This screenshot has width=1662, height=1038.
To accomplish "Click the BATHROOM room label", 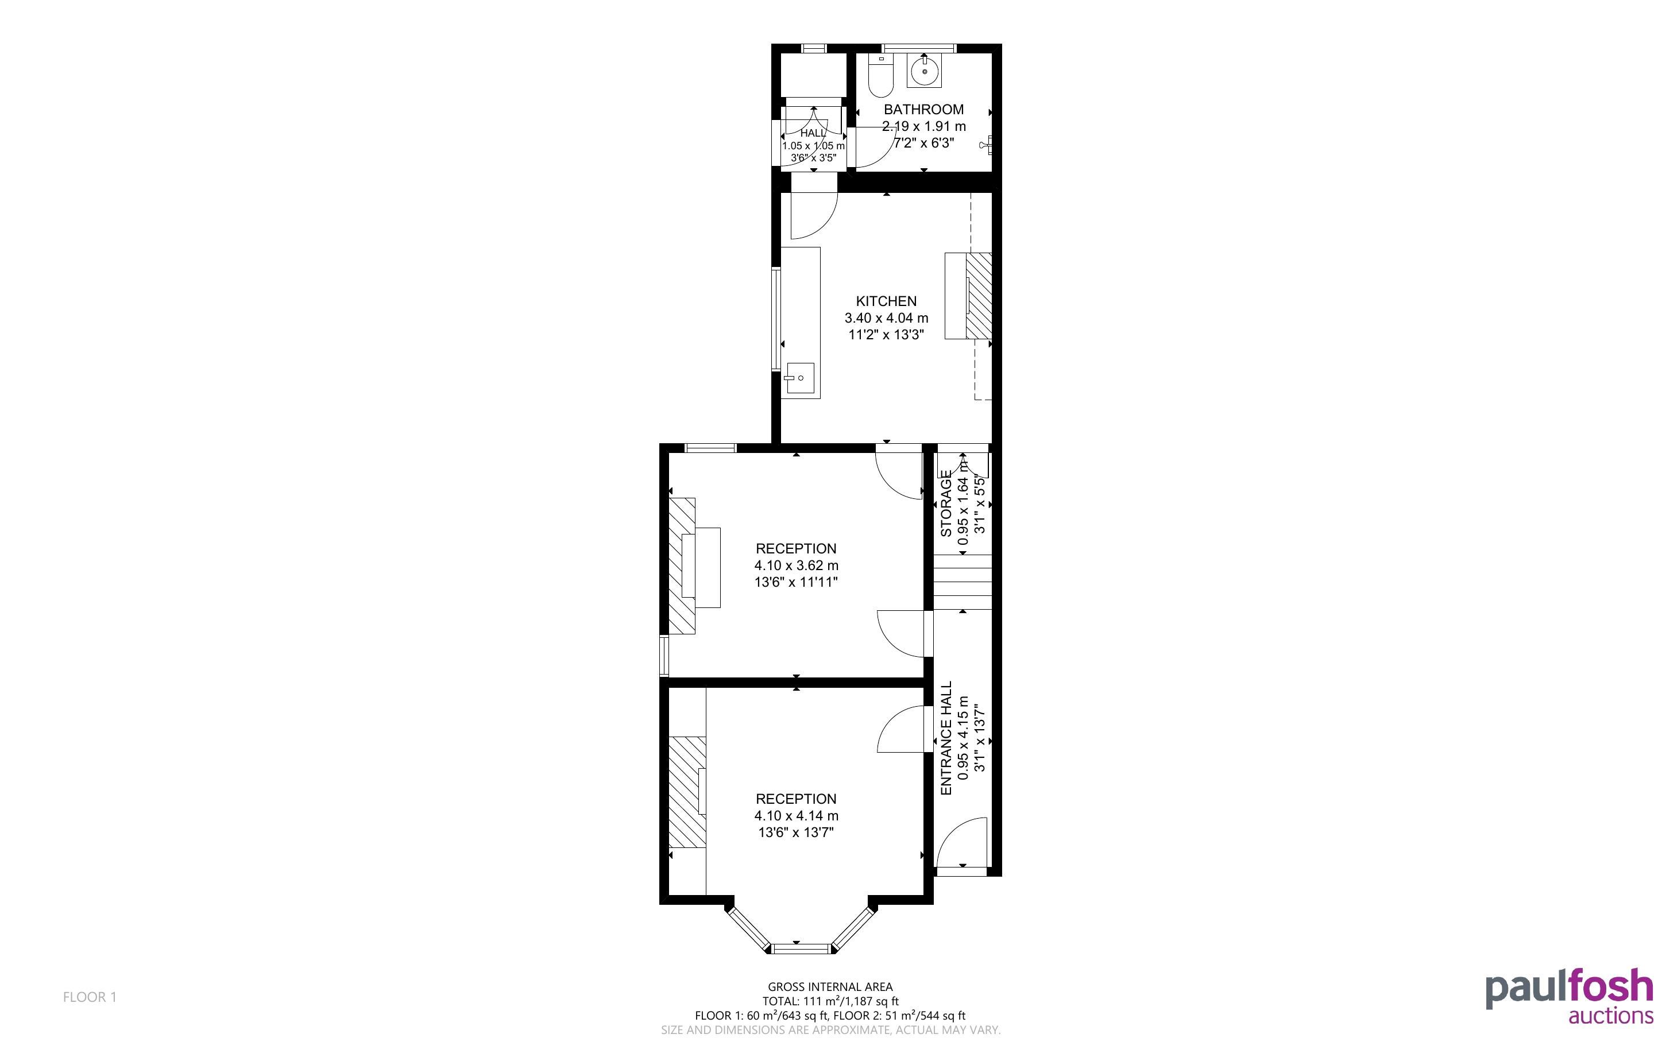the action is coord(923,109).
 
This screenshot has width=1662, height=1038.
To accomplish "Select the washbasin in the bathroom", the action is coord(924,70).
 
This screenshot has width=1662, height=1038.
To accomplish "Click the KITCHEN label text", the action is coord(886,301).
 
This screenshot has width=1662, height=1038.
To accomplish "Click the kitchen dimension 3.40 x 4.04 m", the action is coord(886,318).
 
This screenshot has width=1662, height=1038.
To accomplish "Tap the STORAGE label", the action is coord(946,503).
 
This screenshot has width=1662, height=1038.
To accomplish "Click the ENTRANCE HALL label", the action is coord(946,738).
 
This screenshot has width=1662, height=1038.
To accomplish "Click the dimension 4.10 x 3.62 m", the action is coord(797,566).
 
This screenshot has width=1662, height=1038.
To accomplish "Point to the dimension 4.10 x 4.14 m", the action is coord(797,816).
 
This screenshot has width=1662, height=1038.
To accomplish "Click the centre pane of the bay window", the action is coord(801,950).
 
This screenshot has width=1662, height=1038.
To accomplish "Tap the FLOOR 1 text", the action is coord(90,997).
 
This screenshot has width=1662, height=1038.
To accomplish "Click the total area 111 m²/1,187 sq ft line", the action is coord(830,1001).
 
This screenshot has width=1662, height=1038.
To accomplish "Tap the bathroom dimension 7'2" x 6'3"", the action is coord(923,144).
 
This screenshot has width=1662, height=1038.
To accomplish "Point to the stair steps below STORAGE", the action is coord(963,582).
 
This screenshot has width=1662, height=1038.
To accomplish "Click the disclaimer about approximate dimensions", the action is coord(830,1030).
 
